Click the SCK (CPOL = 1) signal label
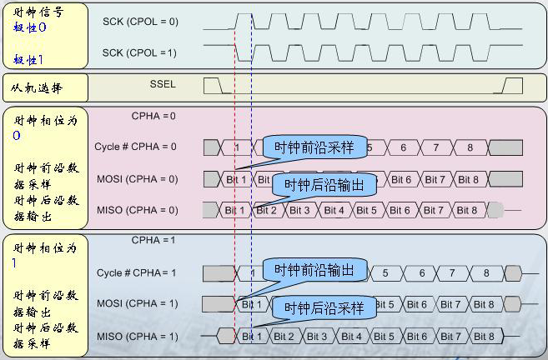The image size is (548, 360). [x=140, y=52]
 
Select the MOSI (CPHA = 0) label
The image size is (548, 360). [x=138, y=179]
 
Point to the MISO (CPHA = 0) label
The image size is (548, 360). [x=138, y=210]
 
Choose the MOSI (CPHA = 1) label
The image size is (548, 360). [x=138, y=303]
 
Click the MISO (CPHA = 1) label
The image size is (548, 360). [x=138, y=337]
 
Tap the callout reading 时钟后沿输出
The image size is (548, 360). [x=324, y=185]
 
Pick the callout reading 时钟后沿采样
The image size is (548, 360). [x=324, y=308]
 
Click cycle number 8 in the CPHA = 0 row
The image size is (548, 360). [x=469, y=147]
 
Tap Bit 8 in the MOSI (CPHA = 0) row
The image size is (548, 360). [x=468, y=179]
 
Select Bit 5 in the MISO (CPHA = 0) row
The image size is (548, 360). [x=367, y=210]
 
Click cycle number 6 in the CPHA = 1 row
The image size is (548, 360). [x=421, y=272]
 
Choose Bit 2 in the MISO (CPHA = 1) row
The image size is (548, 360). [x=284, y=337]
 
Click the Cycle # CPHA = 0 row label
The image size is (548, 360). [x=136, y=147]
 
